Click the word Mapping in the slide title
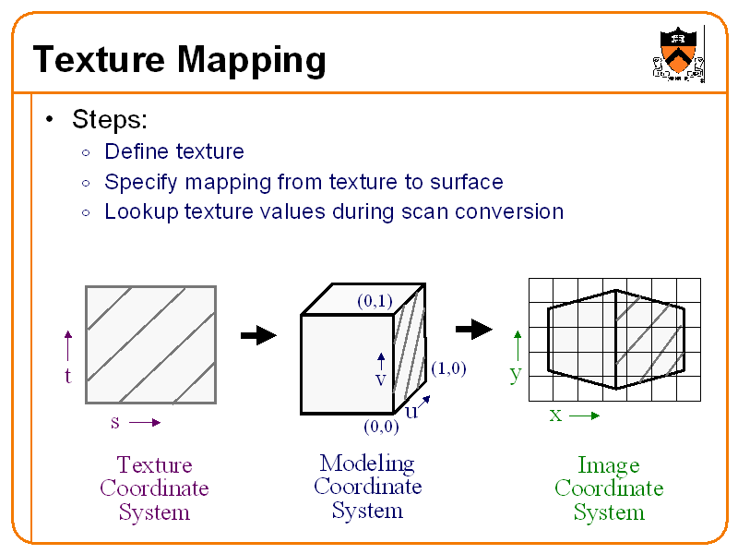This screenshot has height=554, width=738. click(x=251, y=61)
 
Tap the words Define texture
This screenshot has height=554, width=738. click(x=174, y=151)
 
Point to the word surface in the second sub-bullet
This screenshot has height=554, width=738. click(x=464, y=182)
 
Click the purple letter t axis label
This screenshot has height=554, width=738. click(x=67, y=376)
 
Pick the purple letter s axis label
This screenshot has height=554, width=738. click(x=114, y=423)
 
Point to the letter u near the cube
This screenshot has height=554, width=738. click(x=411, y=412)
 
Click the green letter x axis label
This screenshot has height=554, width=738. click(x=555, y=415)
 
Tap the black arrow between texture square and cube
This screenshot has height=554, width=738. click(x=258, y=335)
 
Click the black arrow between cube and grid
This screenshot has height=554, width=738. click(x=475, y=329)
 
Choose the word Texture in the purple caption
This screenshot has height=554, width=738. click(x=154, y=464)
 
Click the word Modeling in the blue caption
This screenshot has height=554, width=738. click(x=367, y=463)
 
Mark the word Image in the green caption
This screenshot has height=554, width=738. click(x=608, y=465)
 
